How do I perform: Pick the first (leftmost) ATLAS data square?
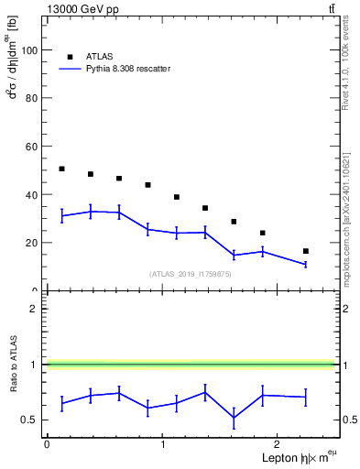pyautogui.click(x=61, y=169)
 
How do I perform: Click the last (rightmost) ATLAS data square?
pyautogui.click(x=306, y=251)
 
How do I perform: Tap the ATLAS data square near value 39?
pyautogui.click(x=177, y=197)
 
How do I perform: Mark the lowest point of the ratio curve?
pyautogui.click(x=234, y=418)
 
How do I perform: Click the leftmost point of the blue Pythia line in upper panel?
pyautogui.click(x=61, y=216)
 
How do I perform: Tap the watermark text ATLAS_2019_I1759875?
pyautogui.click(x=191, y=274)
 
